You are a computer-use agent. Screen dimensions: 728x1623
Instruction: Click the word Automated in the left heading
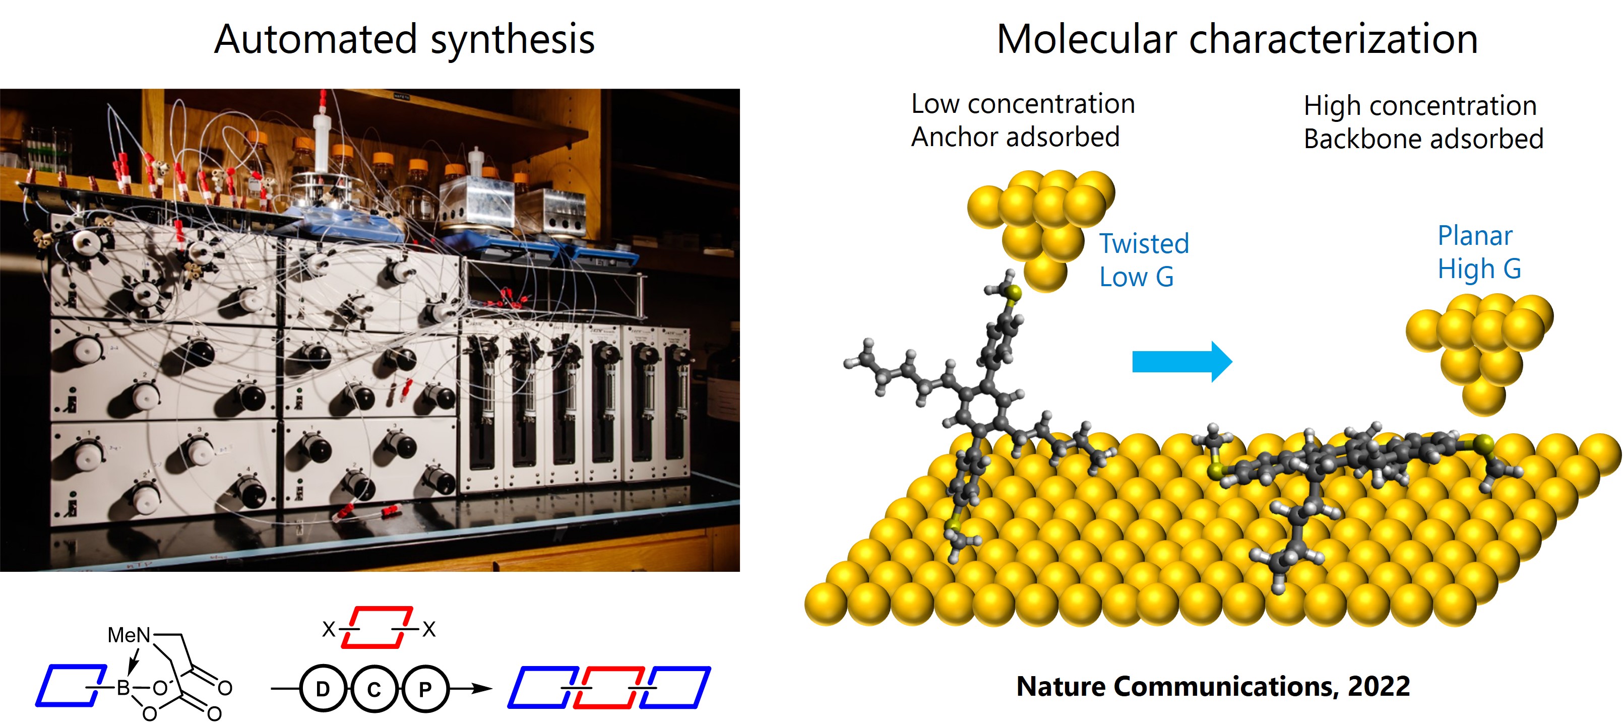point(315,39)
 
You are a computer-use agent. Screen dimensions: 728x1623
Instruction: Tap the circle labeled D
point(323,689)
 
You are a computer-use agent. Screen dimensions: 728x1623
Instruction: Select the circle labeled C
point(374,689)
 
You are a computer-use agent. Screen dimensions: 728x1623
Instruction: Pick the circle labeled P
point(425,689)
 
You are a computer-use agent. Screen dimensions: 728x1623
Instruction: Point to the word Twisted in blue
point(1144,244)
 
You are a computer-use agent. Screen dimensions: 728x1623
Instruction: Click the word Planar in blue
point(1474,236)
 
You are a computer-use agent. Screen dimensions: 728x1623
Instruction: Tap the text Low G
point(1136,277)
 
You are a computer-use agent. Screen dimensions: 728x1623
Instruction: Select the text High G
point(1479,270)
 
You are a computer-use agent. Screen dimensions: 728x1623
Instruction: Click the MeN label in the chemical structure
point(129,635)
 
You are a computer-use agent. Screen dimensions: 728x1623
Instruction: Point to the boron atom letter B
point(123,688)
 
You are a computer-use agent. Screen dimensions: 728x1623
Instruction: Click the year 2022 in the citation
point(1379,686)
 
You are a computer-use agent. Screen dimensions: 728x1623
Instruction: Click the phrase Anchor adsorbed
point(1015,137)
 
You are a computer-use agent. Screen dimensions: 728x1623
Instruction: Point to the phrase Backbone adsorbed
point(1423,139)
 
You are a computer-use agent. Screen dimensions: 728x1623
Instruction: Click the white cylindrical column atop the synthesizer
point(322,139)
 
